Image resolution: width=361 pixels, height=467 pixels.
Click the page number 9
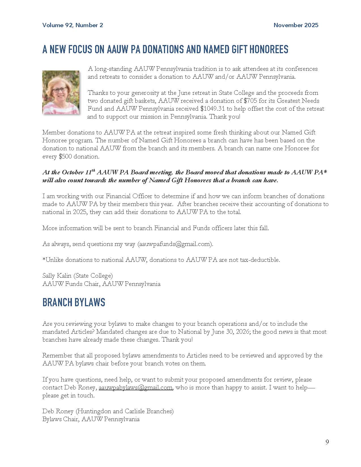(x=327, y=442)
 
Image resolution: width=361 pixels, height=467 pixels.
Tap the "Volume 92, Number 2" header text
(x=73, y=25)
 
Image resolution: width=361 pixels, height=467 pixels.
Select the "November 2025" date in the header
(x=296, y=25)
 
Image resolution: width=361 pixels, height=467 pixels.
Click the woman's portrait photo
(x=61, y=93)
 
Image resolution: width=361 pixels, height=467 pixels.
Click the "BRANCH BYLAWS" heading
(x=74, y=303)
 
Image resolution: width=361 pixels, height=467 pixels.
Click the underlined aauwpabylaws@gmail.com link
(x=135, y=387)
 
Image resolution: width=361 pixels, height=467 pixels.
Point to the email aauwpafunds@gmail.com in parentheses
(x=175, y=244)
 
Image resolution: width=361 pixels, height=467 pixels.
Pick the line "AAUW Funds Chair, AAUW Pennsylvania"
(x=101, y=284)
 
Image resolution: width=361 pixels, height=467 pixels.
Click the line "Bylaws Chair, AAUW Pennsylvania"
(x=91, y=419)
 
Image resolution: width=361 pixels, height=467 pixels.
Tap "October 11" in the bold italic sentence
(x=75, y=172)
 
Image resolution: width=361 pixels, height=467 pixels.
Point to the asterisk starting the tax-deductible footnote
(x=44, y=259)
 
